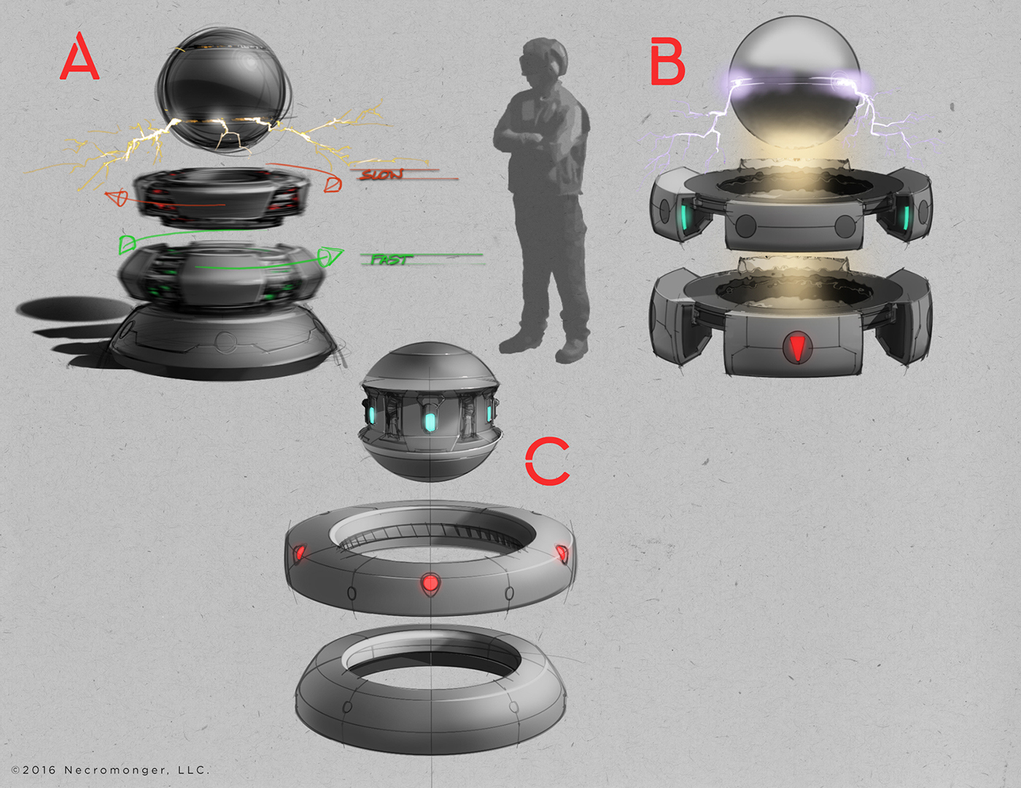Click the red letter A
point(79,58)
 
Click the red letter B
point(667,63)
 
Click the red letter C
point(547,461)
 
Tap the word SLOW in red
point(381,175)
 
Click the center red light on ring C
point(430,582)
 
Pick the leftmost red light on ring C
point(299,553)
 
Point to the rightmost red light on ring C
point(562,554)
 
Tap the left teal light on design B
point(684,216)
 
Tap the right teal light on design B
point(905,216)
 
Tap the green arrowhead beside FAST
point(330,257)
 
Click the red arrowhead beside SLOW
point(333,184)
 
